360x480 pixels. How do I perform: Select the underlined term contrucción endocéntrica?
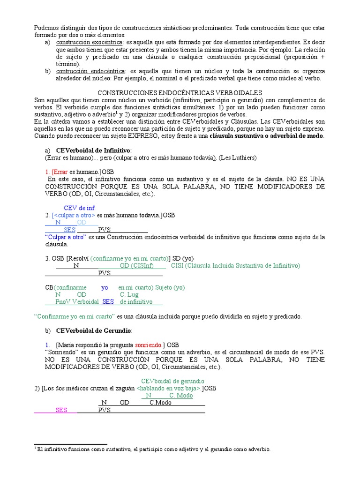click(x=85, y=71)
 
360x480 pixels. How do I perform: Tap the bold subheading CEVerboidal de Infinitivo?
click(x=94, y=150)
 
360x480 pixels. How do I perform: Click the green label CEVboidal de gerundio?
click(x=172, y=381)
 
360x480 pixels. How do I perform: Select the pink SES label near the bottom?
click(x=61, y=410)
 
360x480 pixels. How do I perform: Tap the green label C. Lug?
click(x=129, y=294)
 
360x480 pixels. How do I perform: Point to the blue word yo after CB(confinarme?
click(x=105, y=287)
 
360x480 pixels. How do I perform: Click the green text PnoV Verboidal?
click(x=77, y=302)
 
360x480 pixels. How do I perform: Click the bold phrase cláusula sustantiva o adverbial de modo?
click(x=267, y=135)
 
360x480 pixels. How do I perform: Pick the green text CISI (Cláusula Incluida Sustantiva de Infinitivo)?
click(x=235, y=265)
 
